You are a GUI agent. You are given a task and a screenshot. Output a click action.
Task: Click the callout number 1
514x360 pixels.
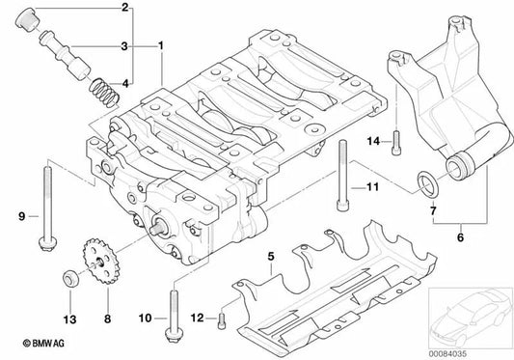160,45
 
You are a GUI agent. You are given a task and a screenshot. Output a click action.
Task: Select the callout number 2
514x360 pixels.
124,9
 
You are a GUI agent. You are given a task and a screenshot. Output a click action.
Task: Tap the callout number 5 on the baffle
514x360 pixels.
272,257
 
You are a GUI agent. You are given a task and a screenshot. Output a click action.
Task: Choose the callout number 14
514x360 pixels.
371,141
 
